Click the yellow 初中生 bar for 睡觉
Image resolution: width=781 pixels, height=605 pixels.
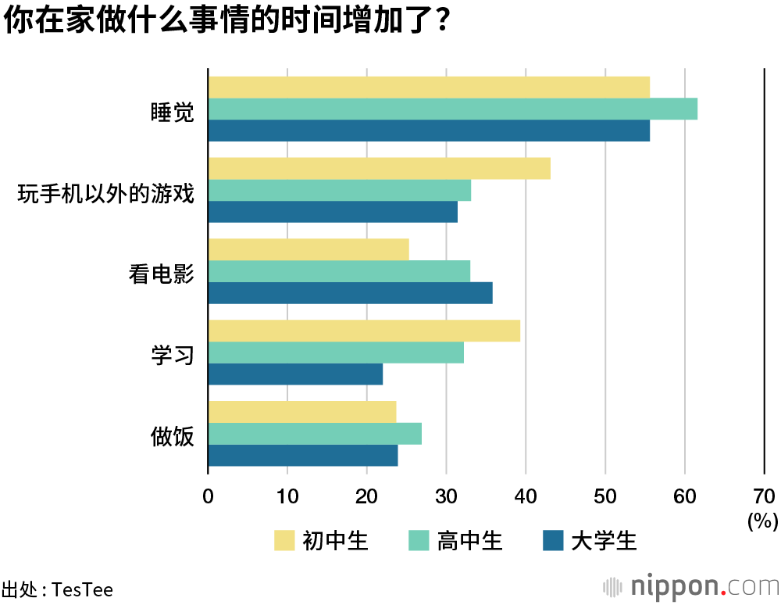tap(429, 88)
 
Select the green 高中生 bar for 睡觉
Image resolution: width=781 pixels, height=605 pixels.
tap(452, 109)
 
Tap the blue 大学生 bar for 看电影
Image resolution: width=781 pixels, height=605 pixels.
tap(350, 293)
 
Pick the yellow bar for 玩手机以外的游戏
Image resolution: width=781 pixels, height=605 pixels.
tap(379, 169)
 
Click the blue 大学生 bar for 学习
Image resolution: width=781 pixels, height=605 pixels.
tap(295, 374)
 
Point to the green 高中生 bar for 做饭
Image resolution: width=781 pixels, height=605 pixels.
tap(315, 434)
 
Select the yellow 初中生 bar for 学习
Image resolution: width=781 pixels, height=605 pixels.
tap(364, 331)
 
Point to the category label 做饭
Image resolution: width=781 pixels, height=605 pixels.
tap(172, 436)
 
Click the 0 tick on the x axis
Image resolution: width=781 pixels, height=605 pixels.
tap(208, 496)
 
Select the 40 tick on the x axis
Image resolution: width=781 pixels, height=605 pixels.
tap(526, 496)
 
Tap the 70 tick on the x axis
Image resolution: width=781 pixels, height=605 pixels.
tap(764, 496)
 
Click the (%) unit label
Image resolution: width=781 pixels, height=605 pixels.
tap(762, 521)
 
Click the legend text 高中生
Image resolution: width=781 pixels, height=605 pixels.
tap(469, 540)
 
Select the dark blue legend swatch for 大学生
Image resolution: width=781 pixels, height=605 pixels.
tap(553, 540)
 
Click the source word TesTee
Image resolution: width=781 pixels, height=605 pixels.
tap(82, 589)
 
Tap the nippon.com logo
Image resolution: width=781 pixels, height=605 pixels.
tap(690, 586)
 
